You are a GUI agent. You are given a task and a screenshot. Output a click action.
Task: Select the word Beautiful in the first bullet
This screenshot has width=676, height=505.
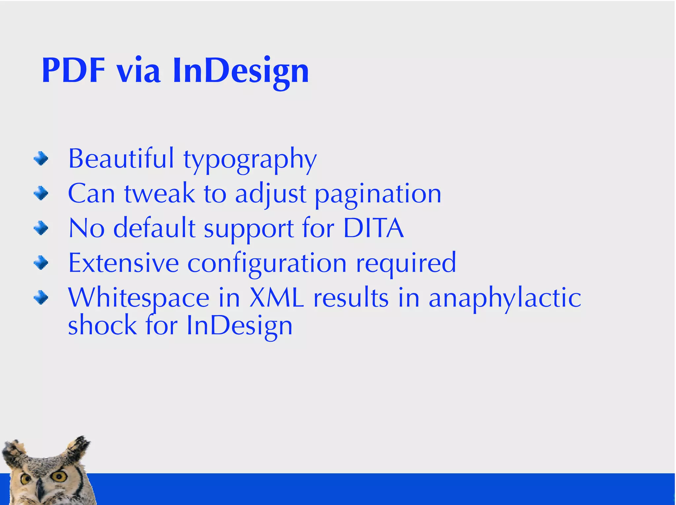[x=121, y=159]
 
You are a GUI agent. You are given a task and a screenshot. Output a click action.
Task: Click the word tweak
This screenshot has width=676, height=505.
[x=159, y=194]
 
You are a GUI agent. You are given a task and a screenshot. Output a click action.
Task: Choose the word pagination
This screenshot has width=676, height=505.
[x=378, y=195]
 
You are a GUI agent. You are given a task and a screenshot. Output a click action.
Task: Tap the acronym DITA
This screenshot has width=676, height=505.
[x=373, y=228]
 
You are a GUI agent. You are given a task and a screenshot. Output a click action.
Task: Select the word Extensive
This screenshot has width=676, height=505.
[x=123, y=263]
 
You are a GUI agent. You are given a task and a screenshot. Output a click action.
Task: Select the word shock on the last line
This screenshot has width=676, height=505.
[x=102, y=325]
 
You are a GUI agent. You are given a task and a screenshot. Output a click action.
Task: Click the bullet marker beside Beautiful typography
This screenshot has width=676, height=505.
[x=41, y=159]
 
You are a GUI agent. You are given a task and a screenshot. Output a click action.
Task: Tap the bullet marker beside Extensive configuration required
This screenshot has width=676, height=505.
[x=41, y=263]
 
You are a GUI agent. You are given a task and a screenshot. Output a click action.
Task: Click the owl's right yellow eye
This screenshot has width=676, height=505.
[x=60, y=476]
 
